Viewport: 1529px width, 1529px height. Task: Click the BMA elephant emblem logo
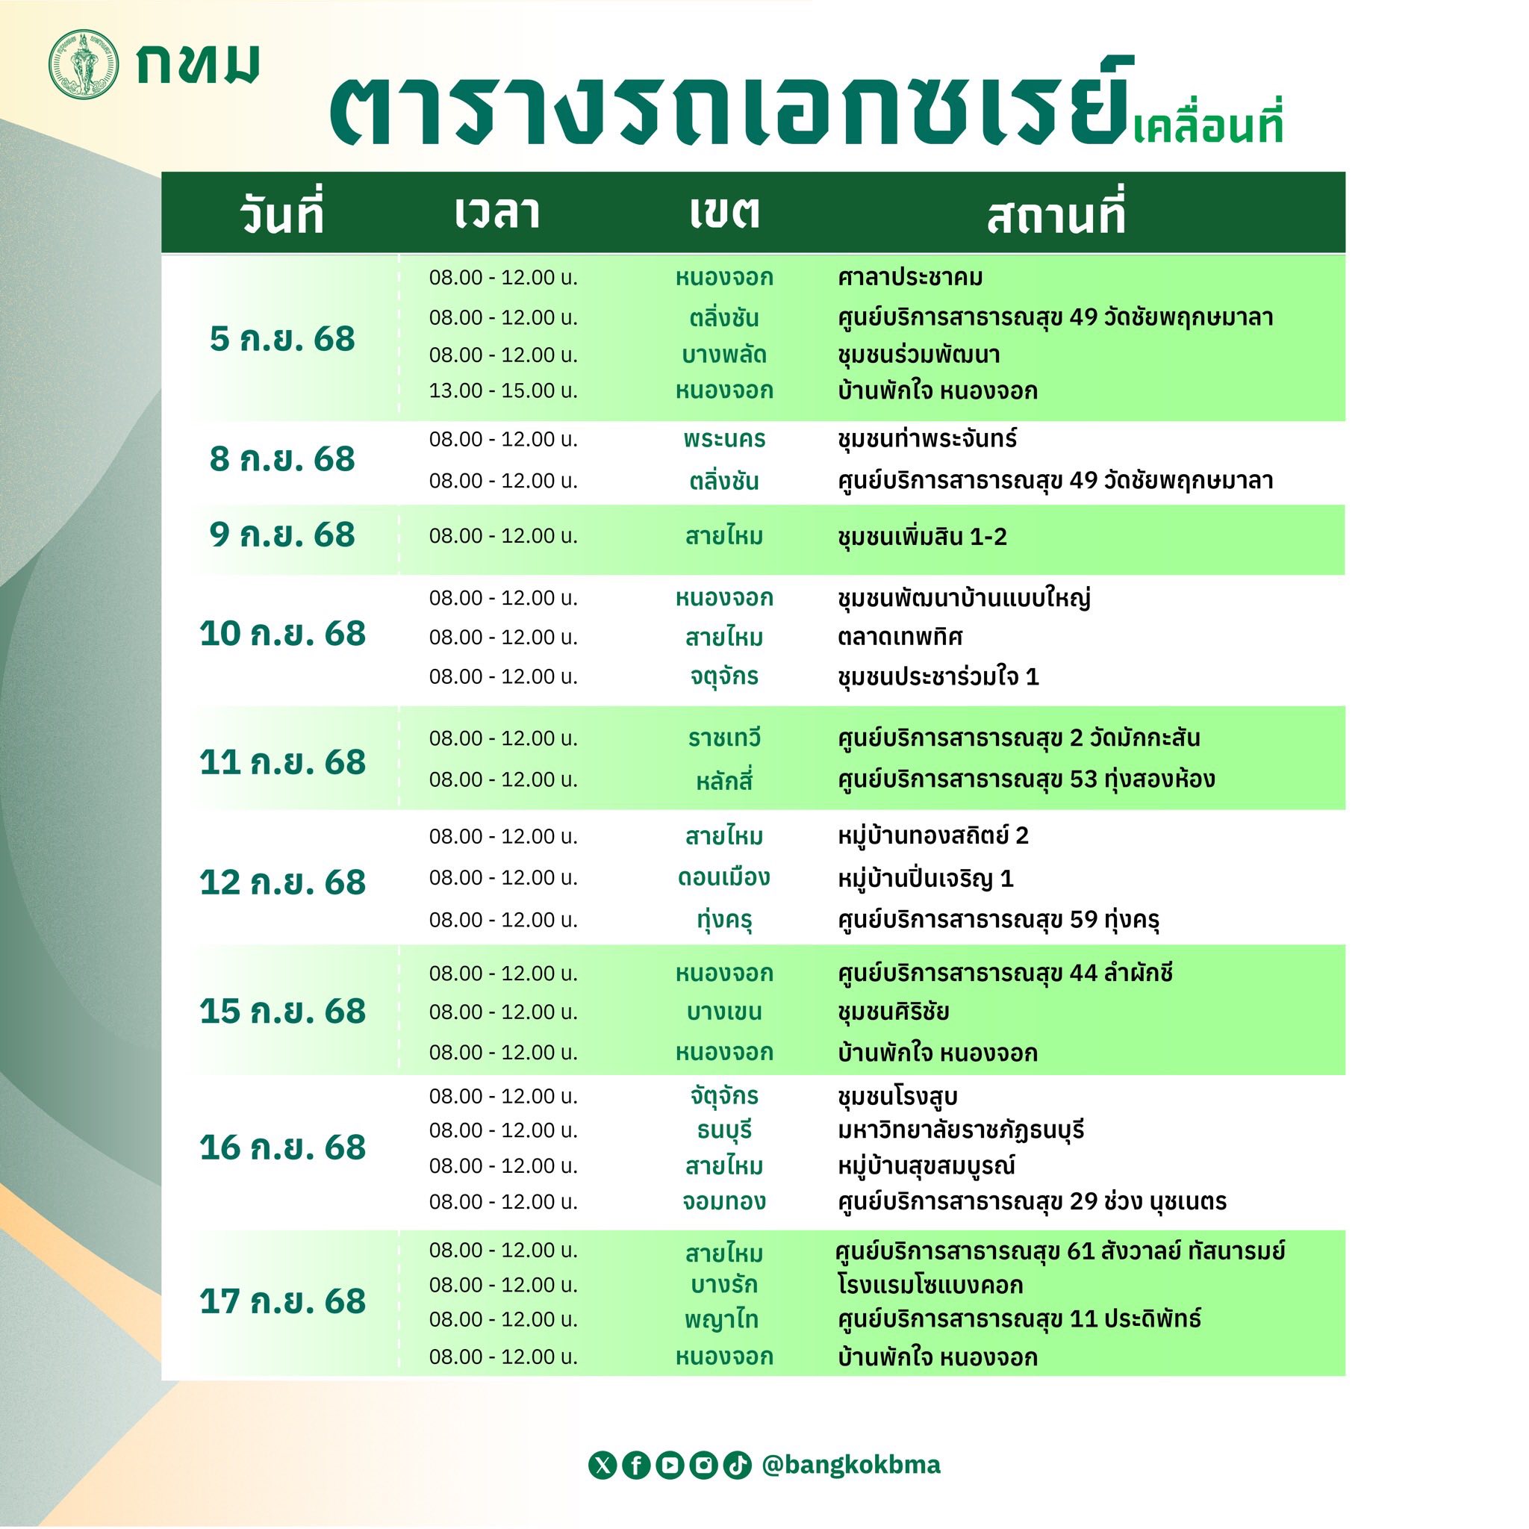pyautogui.click(x=84, y=65)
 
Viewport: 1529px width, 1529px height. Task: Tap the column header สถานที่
pyautogui.click(x=1056, y=214)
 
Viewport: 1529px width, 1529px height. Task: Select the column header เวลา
pyautogui.click(x=497, y=213)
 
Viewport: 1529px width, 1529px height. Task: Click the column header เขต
pyautogui.click(x=724, y=213)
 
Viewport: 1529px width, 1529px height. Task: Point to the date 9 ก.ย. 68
pyautogui.click(x=282, y=535)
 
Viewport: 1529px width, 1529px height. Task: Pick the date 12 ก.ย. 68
pyautogui.click(x=282, y=882)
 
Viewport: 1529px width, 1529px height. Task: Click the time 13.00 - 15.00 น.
pyautogui.click(x=503, y=391)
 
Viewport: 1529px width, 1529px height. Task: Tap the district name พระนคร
pyautogui.click(x=724, y=439)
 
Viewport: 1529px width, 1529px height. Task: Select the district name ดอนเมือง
pyautogui.click(x=723, y=878)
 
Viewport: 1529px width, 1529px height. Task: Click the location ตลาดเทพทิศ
pyautogui.click(x=900, y=637)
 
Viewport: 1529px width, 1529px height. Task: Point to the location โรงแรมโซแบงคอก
pyautogui.click(x=931, y=1284)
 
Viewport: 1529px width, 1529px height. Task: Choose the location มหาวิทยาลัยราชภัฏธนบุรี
pyautogui.click(x=961, y=1130)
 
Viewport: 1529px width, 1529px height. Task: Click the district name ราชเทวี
pyautogui.click(x=724, y=738)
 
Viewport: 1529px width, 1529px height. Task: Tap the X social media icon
pyautogui.click(x=602, y=1465)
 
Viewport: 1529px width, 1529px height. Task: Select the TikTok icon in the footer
pyautogui.click(x=737, y=1465)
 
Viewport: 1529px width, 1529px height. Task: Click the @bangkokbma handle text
pyautogui.click(x=851, y=1465)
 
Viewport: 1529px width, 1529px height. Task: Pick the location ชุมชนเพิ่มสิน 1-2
pyautogui.click(x=922, y=537)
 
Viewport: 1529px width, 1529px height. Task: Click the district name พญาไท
pyautogui.click(x=722, y=1319)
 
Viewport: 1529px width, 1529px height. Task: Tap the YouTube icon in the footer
pyautogui.click(x=670, y=1465)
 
